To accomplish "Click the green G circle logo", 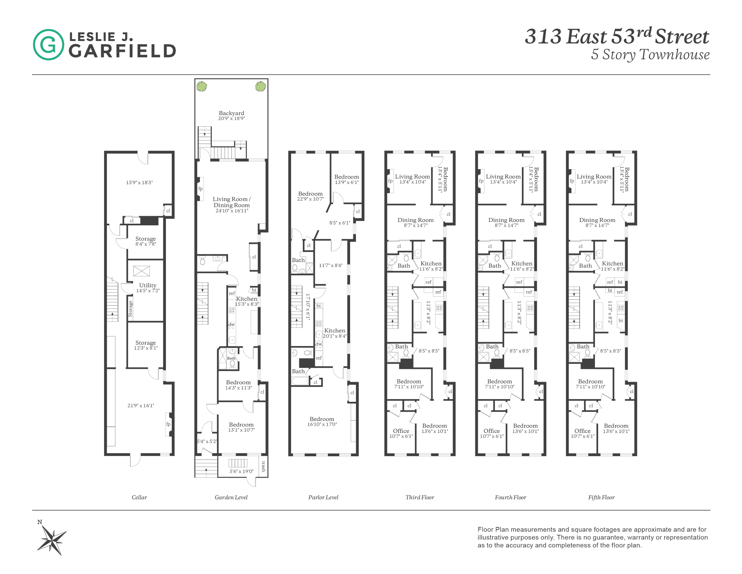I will click(48, 45).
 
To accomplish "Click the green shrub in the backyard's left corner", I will click(201, 86).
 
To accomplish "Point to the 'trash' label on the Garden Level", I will click(263, 466).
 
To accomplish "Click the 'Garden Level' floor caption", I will click(231, 497).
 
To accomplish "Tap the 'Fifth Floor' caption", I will click(601, 497).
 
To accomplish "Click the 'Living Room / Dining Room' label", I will click(231, 202).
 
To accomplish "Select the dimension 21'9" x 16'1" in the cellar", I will click(141, 405).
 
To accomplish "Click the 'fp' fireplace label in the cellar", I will click(168, 424).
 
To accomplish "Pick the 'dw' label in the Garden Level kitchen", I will click(231, 324).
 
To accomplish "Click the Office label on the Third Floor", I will click(401, 431).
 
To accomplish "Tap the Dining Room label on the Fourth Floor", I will click(506, 220).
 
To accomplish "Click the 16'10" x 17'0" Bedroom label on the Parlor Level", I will click(322, 419).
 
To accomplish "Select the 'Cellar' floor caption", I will click(139, 497).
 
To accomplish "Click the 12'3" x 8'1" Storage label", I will click(145, 343).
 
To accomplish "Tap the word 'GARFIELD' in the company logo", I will click(122, 51).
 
